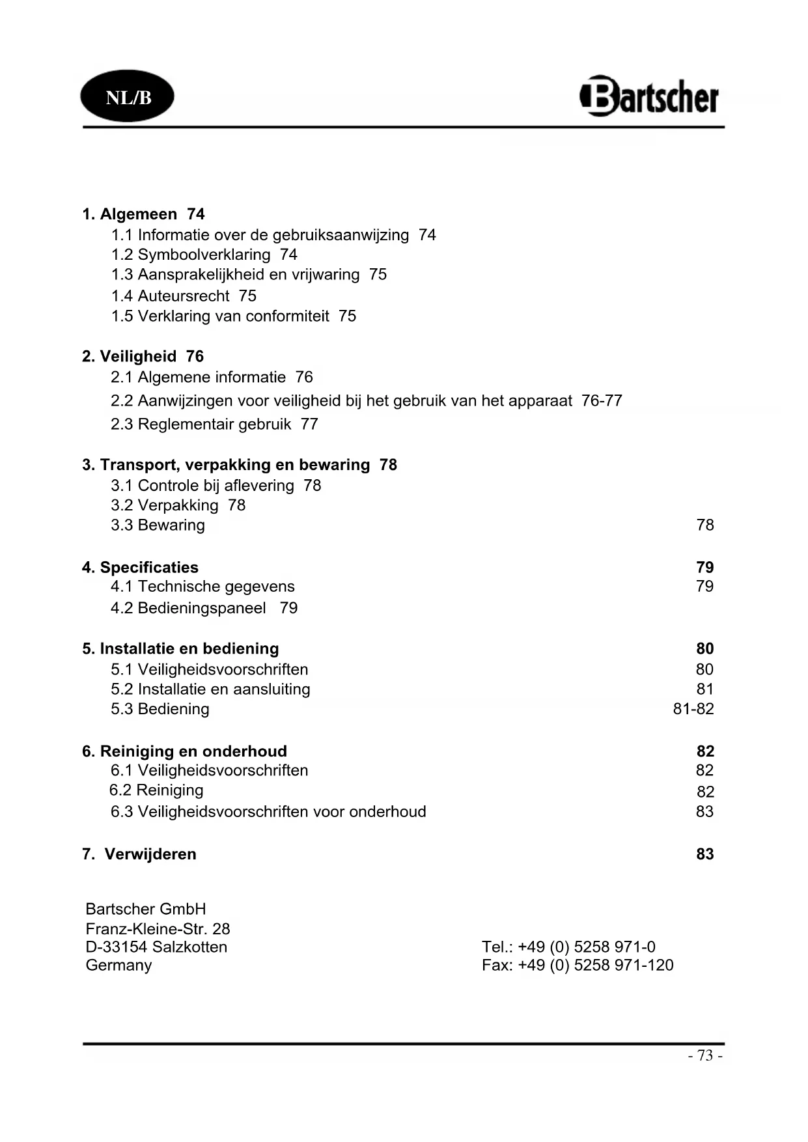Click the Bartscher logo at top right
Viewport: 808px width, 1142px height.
(x=649, y=97)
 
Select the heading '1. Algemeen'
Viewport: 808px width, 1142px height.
(x=130, y=214)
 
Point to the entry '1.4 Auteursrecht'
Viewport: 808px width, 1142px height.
(x=170, y=296)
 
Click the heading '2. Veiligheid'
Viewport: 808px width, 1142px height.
(x=130, y=356)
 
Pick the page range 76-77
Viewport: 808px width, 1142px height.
(x=602, y=400)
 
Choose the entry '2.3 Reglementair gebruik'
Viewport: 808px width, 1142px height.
(x=201, y=424)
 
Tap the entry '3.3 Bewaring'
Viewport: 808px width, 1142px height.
(x=158, y=525)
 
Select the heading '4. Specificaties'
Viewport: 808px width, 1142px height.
(x=140, y=567)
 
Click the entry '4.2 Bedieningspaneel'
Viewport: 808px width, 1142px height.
(x=188, y=608)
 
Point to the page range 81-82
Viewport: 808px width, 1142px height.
(x=693, y=709)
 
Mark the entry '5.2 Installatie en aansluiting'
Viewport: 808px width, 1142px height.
(x=210, y=689)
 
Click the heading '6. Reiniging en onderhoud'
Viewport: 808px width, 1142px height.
(x=184, y=751)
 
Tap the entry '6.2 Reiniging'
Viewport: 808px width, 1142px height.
(x=156, y=790)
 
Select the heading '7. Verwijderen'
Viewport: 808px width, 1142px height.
(x=139, y=854)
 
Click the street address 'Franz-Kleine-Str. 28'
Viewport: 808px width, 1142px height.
(x=158, y=928)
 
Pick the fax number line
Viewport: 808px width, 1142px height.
(x=578, y=965)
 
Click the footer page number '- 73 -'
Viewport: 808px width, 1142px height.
(x=705, y=1055)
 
